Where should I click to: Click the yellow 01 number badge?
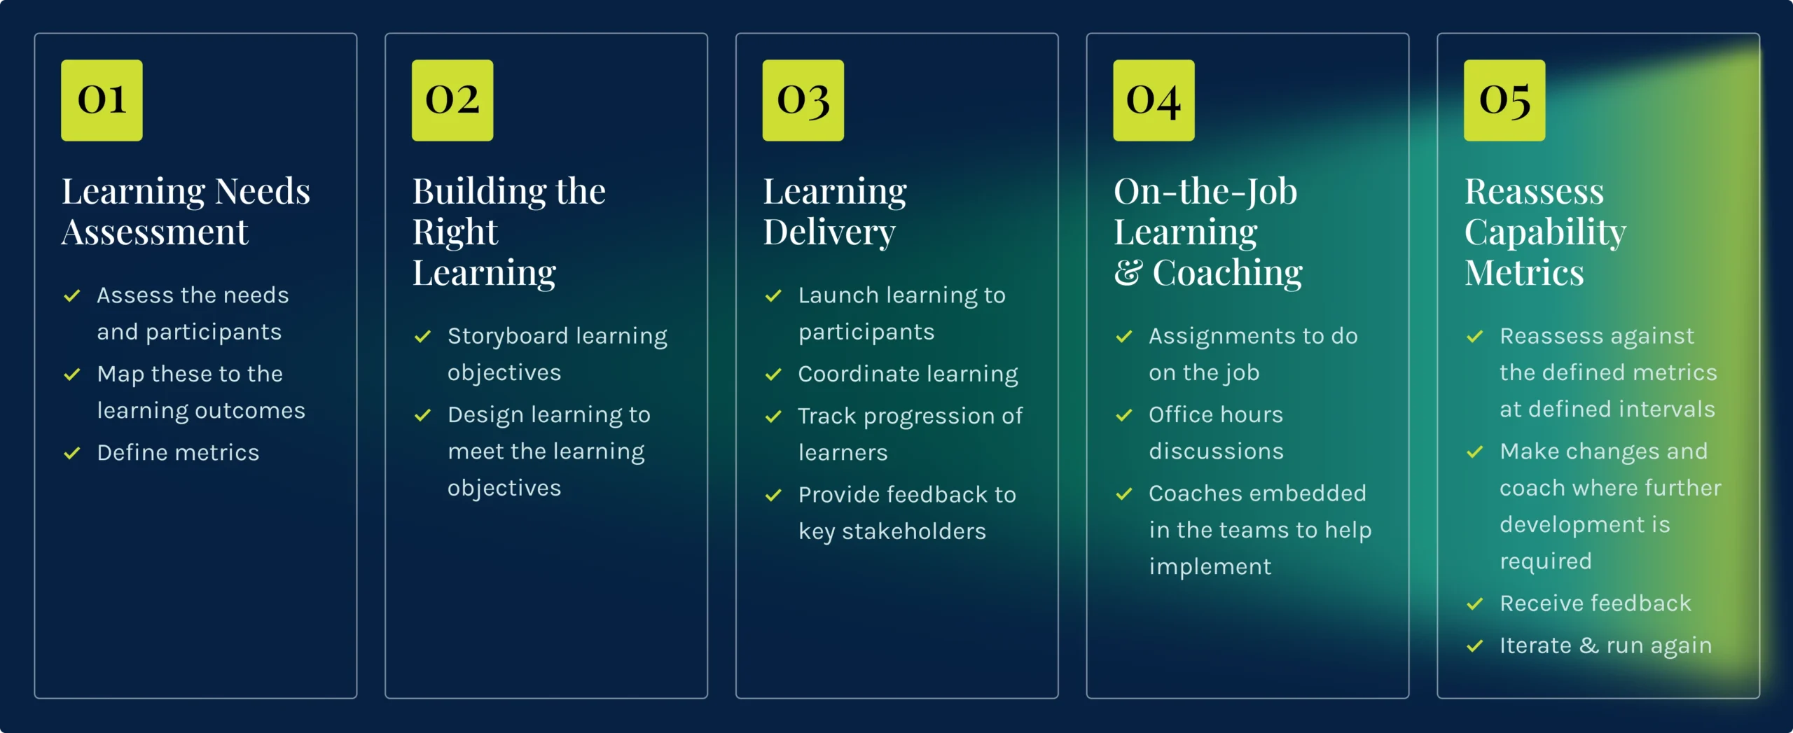pyautogui.click(x=102, y=100)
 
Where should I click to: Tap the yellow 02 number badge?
pyautogui.click(x=452, y=100)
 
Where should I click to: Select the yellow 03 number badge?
pyautogui.click(x=803, y=100)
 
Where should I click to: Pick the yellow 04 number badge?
pyautogui.click(x=1154, y=100)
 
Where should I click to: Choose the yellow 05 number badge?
pyautogui.click(x=1504, y=100)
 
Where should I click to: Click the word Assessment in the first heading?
pyautogui.click(x=155, y=232)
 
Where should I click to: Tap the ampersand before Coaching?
pyautogui.click(x=1128, y=273)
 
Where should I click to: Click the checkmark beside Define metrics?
pyautogui.click(x=72, y=454)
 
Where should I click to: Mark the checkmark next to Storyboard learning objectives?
pyautogui.click(x=423, y=337)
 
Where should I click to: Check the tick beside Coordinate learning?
pyautogui.click(x=773, y=375)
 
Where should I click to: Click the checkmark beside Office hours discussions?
pyautogui.click(x=1124, y=415)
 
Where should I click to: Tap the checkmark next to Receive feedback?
pyautogui.click(x=1475, y=603)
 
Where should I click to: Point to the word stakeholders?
pyautogui.click(x=913, y=531)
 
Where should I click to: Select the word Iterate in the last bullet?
pyautogui.click(x=1535, y=645)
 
